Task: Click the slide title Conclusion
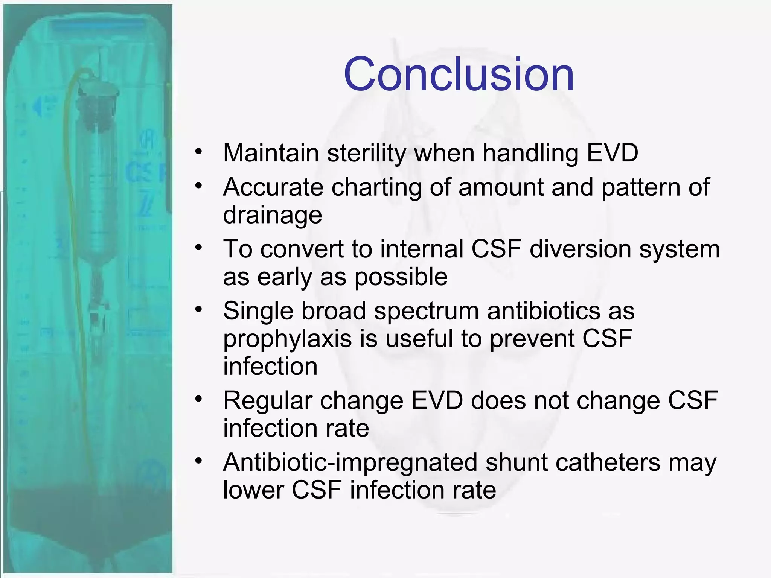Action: point(459,74)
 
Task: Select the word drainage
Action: point(272,215)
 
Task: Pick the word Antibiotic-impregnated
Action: point(350,462)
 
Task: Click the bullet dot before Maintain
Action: point(198,152)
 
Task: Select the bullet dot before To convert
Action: point(198,248)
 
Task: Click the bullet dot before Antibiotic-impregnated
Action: point(198,461)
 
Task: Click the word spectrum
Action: point(426,311)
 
